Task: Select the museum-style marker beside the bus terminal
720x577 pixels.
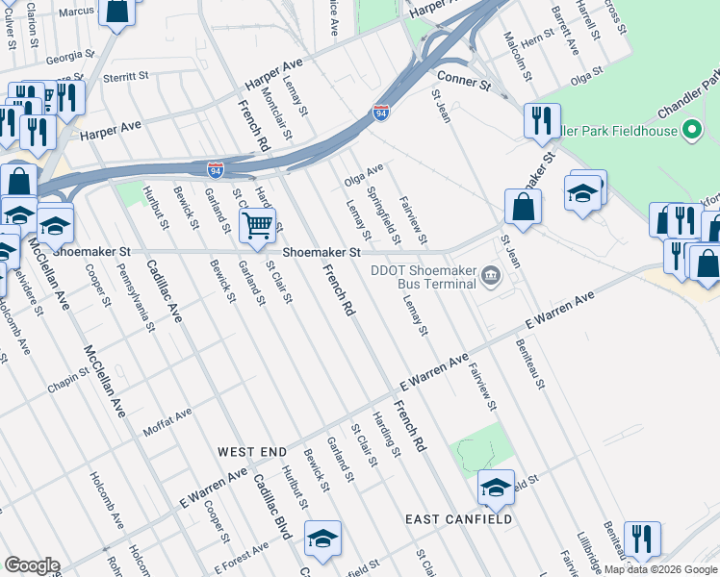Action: click(491, 277)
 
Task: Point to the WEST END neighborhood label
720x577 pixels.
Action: click(252, 451)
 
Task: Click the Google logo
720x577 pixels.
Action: click(32, 565)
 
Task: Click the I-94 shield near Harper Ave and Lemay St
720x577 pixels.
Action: click(382, 113)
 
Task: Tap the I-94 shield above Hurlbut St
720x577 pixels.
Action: click(216, 170)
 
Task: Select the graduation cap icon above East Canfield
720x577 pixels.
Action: click(496, 488)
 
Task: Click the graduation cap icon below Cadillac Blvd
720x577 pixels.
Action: click(322, 539)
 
